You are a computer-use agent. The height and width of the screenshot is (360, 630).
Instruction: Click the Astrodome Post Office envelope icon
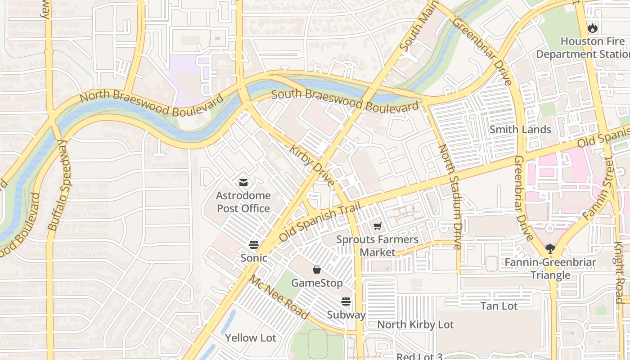coord(243,182)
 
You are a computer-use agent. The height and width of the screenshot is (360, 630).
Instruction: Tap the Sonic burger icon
coord(254,245)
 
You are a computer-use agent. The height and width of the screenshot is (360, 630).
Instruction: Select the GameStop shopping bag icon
coord(317,270)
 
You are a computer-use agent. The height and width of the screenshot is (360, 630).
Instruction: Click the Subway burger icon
coord(346,301)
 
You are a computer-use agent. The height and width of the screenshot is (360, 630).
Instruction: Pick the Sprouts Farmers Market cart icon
coord(377,226)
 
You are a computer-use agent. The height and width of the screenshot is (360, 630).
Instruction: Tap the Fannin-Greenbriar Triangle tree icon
coord(550,248)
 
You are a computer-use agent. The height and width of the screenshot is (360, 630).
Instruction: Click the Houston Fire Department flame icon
coord(593,28)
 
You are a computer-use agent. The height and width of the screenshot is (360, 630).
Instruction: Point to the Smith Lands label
coord(520,130)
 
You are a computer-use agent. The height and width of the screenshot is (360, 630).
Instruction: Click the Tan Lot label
coord(499,306)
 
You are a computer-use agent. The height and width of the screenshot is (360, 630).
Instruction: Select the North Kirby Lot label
coord(415,324)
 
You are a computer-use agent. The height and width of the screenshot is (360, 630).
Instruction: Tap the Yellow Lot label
coord(250,337)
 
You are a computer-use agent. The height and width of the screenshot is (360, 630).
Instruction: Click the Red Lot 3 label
coord(419,356)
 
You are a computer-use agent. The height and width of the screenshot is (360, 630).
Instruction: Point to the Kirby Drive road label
coord(312,165)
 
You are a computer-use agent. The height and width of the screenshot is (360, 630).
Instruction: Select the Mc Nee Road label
coord(279,297)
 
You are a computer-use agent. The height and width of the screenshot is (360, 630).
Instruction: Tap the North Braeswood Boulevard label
coord(151,104)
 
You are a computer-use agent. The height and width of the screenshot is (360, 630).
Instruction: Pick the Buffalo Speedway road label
coord(59,185)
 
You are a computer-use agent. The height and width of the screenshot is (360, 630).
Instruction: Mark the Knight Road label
coord(620,272)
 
